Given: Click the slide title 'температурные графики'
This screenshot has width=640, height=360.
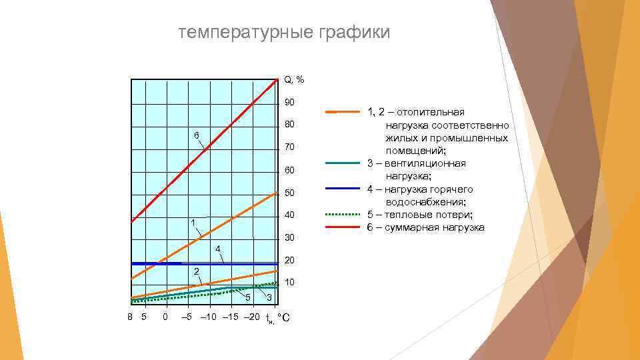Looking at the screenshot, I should [x=284, y=33].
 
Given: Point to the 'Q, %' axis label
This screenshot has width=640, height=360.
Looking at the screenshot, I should [x=294, y=79].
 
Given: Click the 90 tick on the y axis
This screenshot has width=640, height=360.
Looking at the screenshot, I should [x=289, y=103].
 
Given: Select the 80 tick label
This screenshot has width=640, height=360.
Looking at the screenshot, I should [x=289, y=125].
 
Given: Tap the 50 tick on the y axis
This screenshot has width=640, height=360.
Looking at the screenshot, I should [x=289, y=193].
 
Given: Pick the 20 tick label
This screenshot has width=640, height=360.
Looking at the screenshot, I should [x=289, y=261].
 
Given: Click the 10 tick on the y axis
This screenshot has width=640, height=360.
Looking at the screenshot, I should [x=289, y=283].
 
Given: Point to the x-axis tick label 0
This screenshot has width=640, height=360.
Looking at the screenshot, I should [x=165, y=317].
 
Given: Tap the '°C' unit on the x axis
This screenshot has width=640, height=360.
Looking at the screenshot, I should [x=283, y=317].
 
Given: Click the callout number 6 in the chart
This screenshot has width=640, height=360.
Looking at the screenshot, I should [x=197, y=136].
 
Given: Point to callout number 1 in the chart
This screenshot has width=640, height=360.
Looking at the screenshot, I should [x=192, y=222].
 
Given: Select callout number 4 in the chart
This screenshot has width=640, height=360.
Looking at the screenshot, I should [x=217, y=249].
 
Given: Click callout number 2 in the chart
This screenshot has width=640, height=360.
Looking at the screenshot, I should [x=196, y=271].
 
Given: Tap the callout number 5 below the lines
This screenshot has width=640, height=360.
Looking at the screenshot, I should [x=247, y=297].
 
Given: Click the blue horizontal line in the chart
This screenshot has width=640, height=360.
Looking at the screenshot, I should [x=200, y=263].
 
